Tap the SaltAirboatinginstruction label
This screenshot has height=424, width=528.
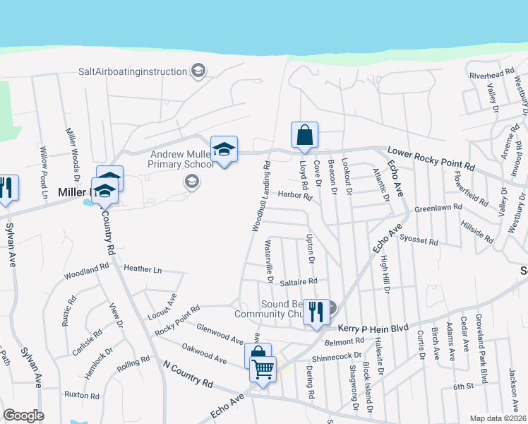(132, 71)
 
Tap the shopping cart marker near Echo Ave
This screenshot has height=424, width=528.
(263, 369)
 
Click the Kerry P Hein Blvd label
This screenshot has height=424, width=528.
(373, 329)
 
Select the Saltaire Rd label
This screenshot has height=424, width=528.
(298, 281)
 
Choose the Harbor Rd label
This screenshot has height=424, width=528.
(294, 195)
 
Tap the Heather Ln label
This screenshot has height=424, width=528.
(143, 269)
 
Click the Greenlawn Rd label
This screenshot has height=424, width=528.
(438, 208)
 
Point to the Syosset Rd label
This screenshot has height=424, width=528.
(419, 242)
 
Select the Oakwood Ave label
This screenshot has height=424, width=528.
(204, 353)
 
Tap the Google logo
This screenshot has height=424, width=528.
(23, 416)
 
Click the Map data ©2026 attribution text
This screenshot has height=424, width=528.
(498, 418)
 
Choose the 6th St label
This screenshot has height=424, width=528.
(463, 387)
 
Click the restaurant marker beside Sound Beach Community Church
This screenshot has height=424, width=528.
(315, 312)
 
